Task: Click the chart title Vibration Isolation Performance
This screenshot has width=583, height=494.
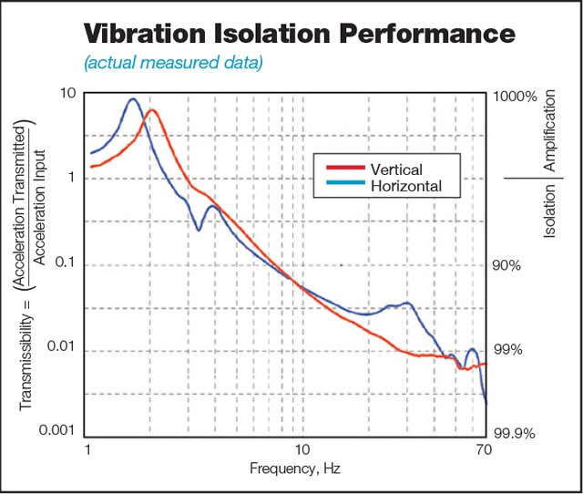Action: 300,34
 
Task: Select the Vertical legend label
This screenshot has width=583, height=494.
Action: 396,170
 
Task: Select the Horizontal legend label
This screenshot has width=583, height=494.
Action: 406,185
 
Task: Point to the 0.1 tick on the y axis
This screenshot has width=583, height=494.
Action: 63,265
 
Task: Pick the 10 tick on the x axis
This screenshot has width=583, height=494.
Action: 302,451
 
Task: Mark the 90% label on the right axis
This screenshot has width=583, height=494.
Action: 507,265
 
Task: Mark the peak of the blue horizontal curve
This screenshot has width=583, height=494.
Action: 133,99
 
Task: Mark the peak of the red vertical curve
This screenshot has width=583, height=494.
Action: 153,110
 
